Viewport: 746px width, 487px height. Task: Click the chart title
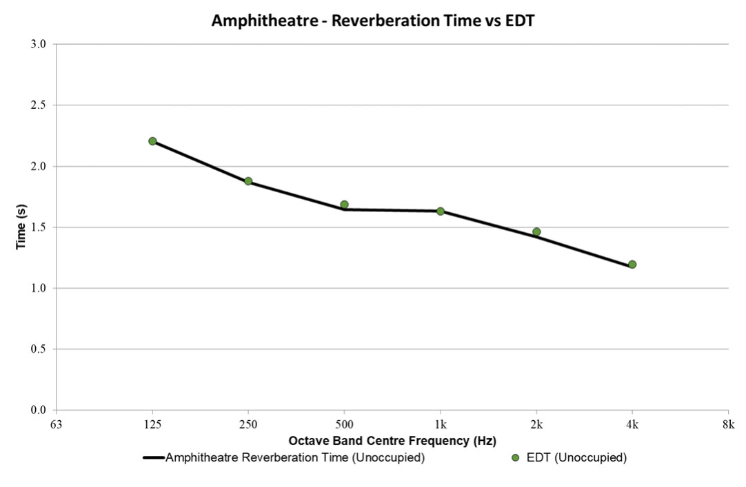point(373,21)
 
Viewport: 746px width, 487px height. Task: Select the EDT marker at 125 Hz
point(152,141)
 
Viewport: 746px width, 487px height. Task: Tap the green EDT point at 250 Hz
point(248,182)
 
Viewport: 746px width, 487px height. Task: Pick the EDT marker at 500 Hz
point(344,205)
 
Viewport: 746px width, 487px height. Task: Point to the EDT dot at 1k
point(440,211)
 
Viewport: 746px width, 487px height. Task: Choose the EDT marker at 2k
point(536,232)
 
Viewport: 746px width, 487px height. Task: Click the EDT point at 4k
point(632,265)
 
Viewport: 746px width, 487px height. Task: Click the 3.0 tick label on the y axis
point(39,45)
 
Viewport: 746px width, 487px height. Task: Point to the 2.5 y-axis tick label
point(39,105)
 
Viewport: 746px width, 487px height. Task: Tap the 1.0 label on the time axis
point(39,289)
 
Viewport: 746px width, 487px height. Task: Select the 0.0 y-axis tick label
point(39,411)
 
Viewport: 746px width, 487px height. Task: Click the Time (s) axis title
point(21,227)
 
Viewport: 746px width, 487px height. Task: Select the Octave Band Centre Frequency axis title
point(392,440)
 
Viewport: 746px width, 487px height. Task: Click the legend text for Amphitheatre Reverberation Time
point(294,458)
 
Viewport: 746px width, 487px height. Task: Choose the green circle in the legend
point(514,458)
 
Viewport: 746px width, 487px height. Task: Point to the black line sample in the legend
point(153,458)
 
